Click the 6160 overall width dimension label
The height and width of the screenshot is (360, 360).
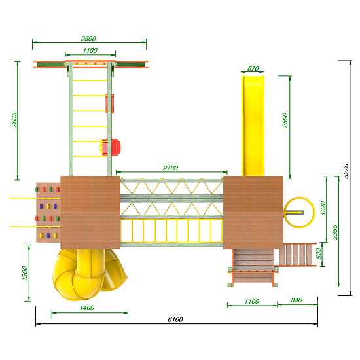(175, 319)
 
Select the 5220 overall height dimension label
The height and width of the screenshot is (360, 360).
(346, 171)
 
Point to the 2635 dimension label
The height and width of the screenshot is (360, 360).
(14, 120)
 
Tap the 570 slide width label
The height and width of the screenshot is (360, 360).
(253, 69)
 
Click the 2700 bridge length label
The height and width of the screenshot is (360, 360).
(170, 168)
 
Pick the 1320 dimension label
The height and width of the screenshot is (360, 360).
(323, 208)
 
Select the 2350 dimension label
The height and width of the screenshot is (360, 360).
(335, 232)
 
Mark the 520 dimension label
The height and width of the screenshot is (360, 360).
(319, 253)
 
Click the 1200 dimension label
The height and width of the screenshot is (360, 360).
(25, 273)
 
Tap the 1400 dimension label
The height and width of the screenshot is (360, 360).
(87, 308)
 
